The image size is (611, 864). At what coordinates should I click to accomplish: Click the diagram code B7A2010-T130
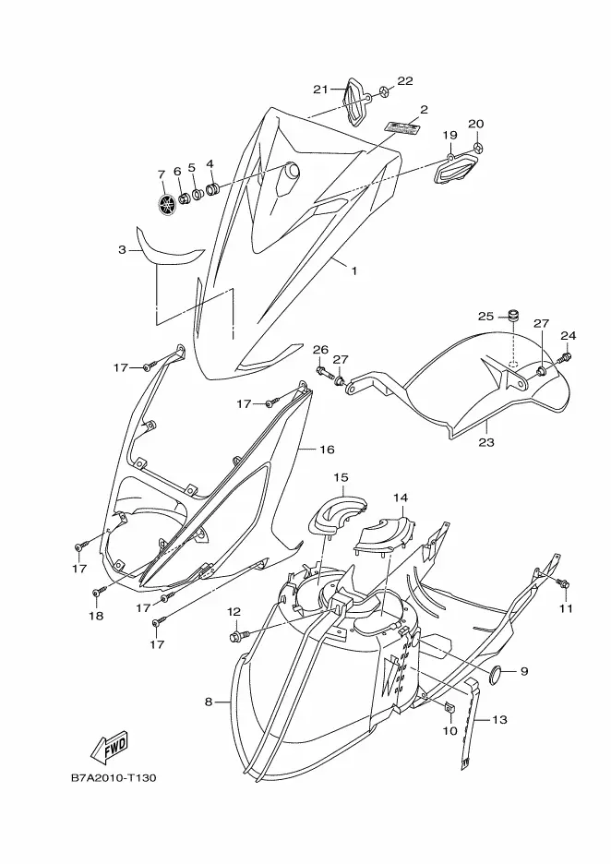[x=113, y=778]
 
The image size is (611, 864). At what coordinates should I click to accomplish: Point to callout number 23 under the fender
[x=486, y=442]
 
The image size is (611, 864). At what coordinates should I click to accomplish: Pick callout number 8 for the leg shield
[x=209, y=702]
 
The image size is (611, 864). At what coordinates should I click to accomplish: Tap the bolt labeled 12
[x=241, y=636]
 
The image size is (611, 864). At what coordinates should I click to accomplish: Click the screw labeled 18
[x=96, y=591]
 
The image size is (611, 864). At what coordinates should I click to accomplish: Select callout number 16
[x=327, y=450]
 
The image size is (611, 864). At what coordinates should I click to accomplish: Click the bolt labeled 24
[x=567, y=357]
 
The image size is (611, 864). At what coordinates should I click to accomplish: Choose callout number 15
[x=341, y=477]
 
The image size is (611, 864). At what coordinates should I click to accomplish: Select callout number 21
[x=320, y=89]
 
